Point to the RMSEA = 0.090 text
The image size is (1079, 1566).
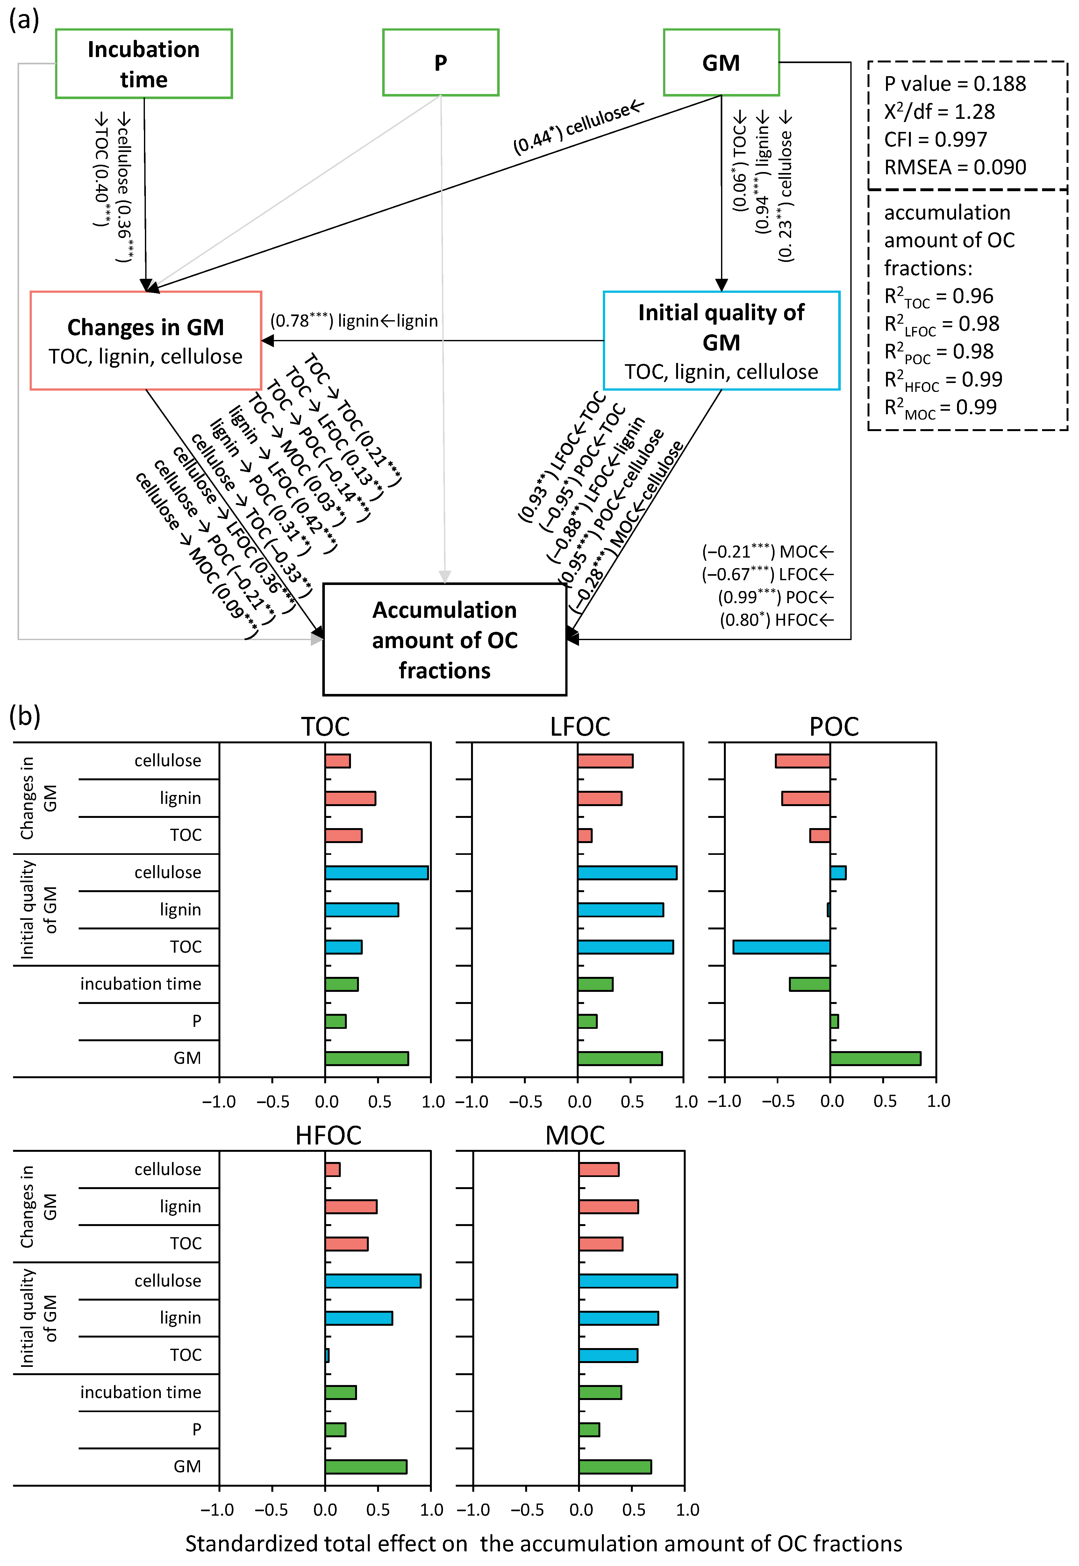(954, 167)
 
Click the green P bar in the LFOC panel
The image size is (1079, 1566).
(587, 1021)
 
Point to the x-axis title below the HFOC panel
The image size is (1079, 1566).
(544, 1543)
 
